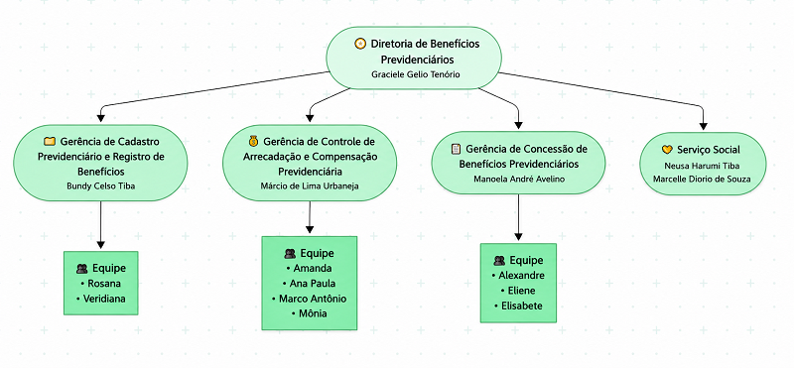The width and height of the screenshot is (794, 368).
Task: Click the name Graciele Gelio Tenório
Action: tap(415, 74)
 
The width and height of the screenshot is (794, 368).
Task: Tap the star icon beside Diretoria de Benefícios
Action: tap(359, 44)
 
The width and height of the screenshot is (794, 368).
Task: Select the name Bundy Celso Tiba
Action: tap(101, 185)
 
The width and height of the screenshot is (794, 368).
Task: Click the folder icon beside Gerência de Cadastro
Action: tap(49, 142)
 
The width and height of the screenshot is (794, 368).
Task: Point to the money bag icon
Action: tap(253, 141)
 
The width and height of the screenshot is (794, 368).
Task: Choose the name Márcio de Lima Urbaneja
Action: tap(310, 185)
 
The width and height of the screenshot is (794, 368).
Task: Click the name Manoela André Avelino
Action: tap(518, 179)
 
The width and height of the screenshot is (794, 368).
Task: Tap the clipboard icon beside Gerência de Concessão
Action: tap(456, 149)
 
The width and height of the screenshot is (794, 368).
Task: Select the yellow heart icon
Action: tap(667, 150)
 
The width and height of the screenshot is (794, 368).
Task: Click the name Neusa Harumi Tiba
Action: tap(703, 166)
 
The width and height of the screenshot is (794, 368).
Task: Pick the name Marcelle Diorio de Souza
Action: tap(702, 179)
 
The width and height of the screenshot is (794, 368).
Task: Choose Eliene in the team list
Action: tap(518, 291)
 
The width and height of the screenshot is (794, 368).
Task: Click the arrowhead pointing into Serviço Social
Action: tap(703, 127)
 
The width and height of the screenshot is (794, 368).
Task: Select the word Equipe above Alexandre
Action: tap(526, 260)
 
